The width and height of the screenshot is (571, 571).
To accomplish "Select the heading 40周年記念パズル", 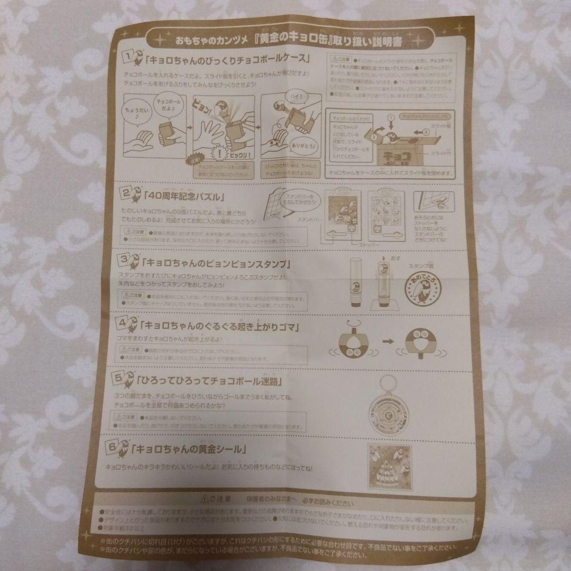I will click(x=185, y=198).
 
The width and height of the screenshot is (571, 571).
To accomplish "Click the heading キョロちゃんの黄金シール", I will click(x=191, y=449).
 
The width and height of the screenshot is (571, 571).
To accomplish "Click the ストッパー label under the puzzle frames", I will click(x=355, y=246).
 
